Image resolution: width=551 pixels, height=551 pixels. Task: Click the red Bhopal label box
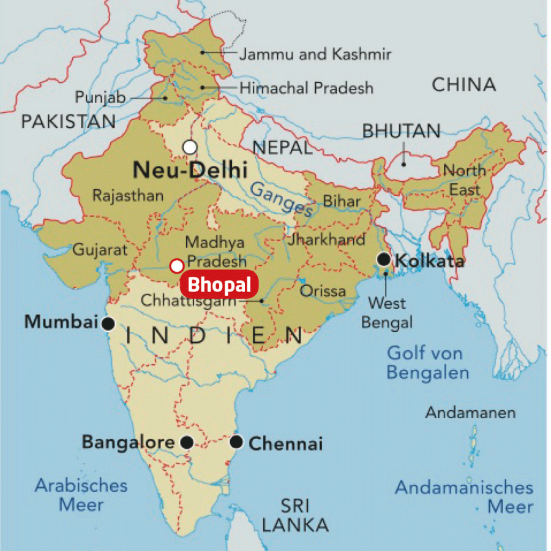click(x=219, y=285)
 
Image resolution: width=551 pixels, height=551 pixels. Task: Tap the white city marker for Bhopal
click(x=177, y=266)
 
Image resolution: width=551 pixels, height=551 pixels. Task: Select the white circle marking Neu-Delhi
click(x=190, y=147)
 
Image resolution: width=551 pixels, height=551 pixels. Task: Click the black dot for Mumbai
click(x=108, y=324)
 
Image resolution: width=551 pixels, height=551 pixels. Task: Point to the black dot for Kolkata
click(x=384, y=260)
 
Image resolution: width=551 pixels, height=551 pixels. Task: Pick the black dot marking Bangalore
click(x=187, y=443)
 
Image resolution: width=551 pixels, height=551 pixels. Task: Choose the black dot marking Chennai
click(x=237, y=442)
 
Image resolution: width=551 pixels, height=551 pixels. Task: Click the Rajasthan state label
click(x=127, y=196)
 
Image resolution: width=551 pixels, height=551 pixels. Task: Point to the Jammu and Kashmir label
click(x=315, y=54)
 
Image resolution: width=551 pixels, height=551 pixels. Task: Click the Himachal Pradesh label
click(x=306, y=88)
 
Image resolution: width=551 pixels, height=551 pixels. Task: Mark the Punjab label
click(x=100, y=97)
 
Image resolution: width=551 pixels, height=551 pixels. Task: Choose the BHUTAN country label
click(x=401, y=131)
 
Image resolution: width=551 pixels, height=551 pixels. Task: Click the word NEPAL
click(x=282, y=148)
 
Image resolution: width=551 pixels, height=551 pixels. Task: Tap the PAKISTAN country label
click(x=68, y=121)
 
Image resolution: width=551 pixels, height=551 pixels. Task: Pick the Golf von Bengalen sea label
click(x=428, y=362)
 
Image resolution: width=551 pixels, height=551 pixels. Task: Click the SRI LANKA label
click(x=296, y=515)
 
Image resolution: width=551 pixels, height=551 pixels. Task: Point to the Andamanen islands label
click(x=470, y=413)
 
